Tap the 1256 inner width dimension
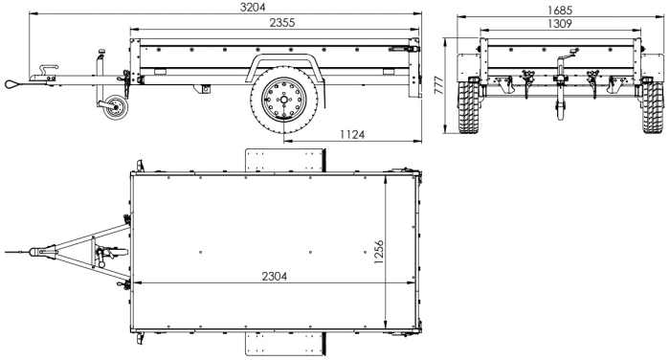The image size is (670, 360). tap(379, 252)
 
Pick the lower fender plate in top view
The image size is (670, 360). tap(286, 344)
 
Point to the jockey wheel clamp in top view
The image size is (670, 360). tap(103, 257)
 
